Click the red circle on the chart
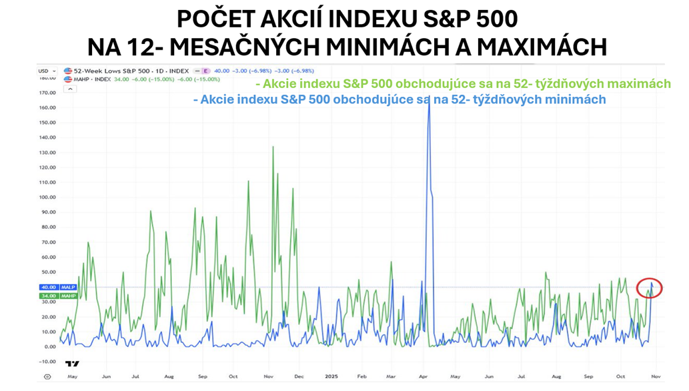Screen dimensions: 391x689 650,288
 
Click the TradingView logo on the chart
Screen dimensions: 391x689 72,364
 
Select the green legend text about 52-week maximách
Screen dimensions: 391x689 464,84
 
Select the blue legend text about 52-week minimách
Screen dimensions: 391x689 399,99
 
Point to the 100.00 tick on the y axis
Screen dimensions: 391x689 47,198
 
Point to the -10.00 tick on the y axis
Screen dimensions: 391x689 47,362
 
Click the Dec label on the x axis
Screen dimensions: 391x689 299,377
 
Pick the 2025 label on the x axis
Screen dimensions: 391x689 331,377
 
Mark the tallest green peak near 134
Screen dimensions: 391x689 273,147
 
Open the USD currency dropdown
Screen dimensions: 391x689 45,71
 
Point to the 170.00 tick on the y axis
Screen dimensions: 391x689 47,93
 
